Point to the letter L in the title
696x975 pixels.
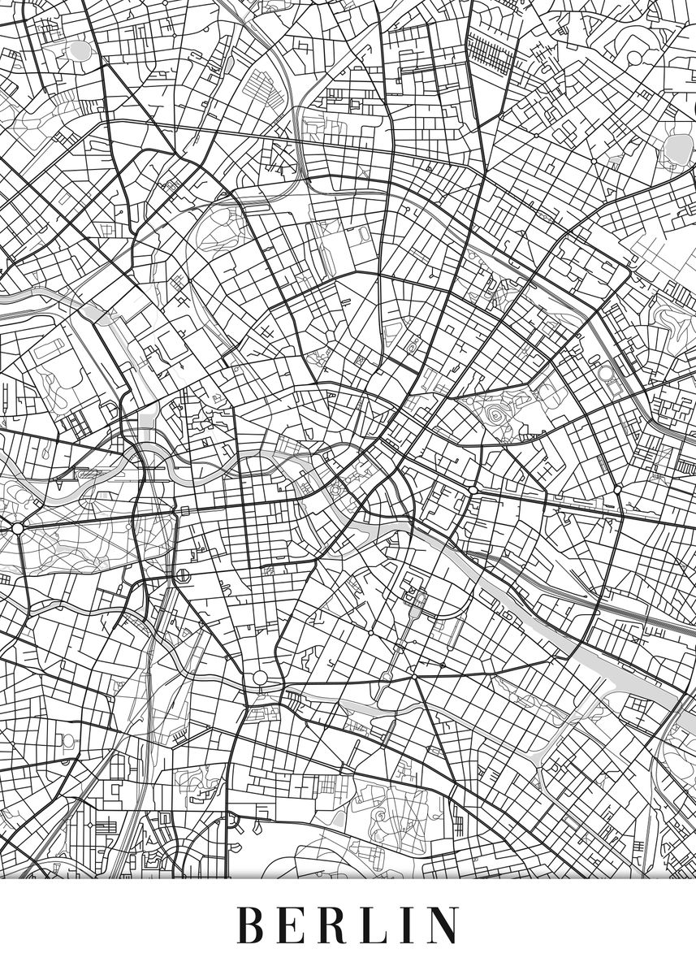[x=380, y=925]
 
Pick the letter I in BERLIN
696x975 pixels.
[x=411, y=925]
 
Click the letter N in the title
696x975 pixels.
[x=443, y=925]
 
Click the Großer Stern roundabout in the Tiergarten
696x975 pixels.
[x=17, y=528]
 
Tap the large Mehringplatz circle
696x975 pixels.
[x=260, y=678]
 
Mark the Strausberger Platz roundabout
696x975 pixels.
[x=472, y=491]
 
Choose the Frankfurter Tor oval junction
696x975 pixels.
[x=617, y=490]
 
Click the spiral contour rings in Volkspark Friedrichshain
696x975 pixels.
[x=495, y=416]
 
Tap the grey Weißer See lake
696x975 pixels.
[x=674, y=146]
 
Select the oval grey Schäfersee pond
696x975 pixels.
[x=80, y=50]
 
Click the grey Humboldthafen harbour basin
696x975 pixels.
[x=146, y=422]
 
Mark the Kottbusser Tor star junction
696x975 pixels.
[x=413, y=676]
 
